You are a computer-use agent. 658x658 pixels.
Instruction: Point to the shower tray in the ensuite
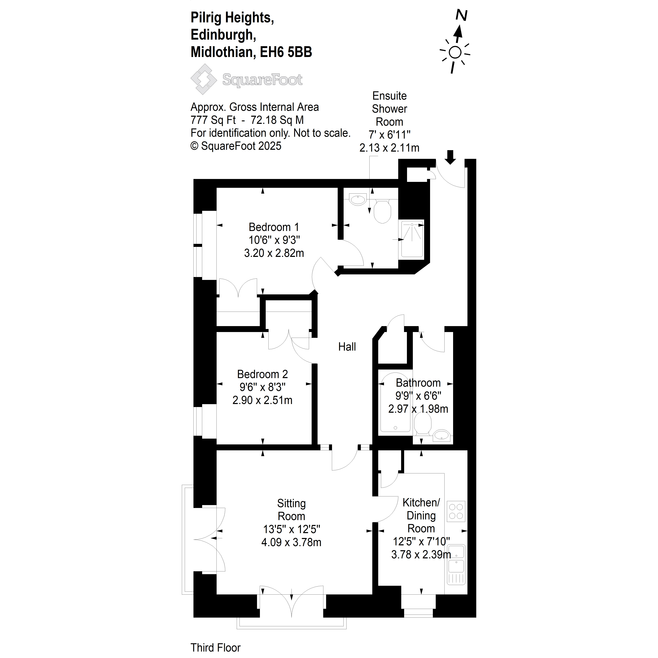point(412,239)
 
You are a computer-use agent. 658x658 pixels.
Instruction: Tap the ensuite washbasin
point(358,200)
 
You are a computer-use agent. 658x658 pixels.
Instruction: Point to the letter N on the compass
point(462,15)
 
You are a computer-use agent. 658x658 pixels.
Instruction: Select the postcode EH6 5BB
point(286,52)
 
